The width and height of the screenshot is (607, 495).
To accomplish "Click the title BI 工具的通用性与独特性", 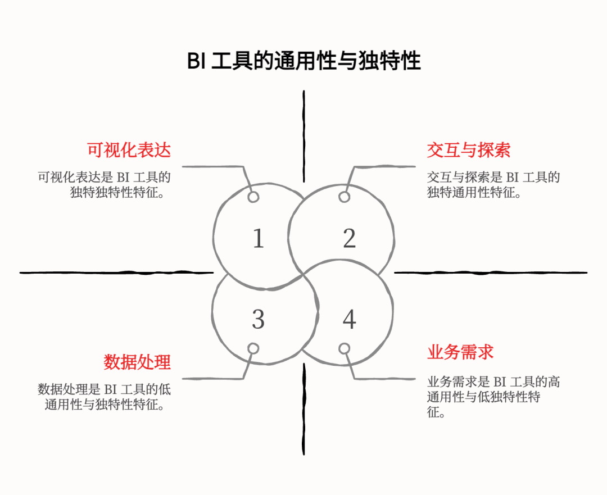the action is point(303,61).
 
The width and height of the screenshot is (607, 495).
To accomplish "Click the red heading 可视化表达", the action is point(129,150).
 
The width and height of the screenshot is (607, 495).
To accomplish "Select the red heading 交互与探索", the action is point(468,150).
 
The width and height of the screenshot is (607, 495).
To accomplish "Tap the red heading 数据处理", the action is point(137,362).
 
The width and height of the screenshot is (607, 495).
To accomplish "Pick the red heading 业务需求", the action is point(460,352).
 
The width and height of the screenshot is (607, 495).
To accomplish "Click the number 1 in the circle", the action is point(258,239).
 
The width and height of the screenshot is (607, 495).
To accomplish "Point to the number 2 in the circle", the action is point(349,239).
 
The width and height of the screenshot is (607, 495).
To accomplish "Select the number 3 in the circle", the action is point(258,320).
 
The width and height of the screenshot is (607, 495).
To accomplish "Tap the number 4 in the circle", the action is point(349,320).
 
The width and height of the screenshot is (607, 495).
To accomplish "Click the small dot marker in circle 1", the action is point(253,197).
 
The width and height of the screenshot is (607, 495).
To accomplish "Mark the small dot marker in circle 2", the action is point(345,197).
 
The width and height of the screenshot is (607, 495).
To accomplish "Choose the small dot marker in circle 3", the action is point(253,349).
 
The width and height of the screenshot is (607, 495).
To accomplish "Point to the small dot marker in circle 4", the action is point(345,349).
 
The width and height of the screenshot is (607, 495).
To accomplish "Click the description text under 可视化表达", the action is point(105,185).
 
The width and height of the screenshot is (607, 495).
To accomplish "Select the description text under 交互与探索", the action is point(493,185).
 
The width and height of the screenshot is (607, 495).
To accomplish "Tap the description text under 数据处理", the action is point(105,396).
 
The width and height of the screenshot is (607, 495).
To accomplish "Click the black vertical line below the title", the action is point(304,135).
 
